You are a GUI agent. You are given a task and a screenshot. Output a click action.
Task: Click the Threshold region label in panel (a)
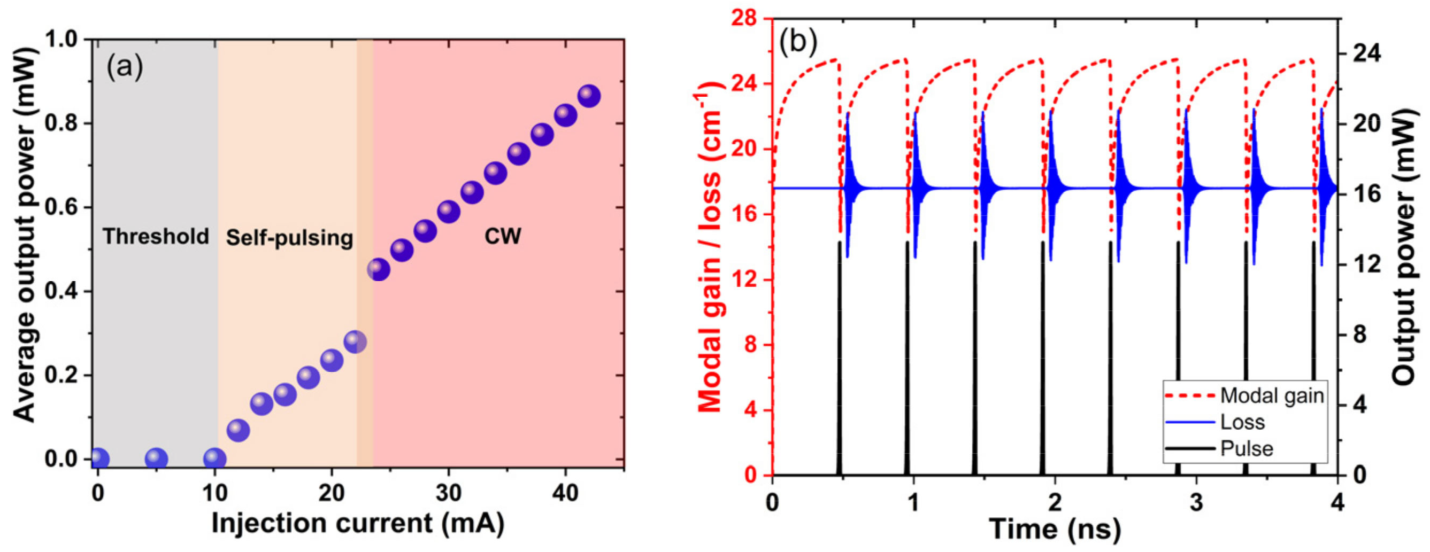pyautogui.click(x=156, y=236)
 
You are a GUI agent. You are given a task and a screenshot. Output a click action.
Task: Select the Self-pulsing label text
pyautogui.click(x=289, y=237)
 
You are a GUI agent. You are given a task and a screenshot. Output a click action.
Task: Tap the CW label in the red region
pyautogui.click(x=502, y=236)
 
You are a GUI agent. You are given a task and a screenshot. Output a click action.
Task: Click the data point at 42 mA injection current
pyautogui.click(x=589, y=96)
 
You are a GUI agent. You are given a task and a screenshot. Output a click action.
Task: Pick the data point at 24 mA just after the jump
pyautogui.click(x=379, y=270)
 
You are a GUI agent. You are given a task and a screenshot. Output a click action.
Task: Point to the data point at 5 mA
pyautogui.click(x=156, y=459)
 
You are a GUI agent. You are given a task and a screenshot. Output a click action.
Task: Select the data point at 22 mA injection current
pyautogui.click(x=355, y=341)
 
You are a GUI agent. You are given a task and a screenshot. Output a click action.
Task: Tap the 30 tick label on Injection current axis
pyautogui.click(x=449, y=492)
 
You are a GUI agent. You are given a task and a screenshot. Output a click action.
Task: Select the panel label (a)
pyautogui.click(x=125, y=67)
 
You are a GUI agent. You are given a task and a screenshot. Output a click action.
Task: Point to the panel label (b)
pyautogui.click(x=798, y=42)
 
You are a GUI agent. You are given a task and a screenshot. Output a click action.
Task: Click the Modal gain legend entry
pyautogui.click(x=1271, y=395)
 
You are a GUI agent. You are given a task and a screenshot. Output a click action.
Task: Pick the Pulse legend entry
pyautogui.click(x=1246, y=448)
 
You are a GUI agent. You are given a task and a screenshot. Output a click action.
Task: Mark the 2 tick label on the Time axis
pyautogui.click(x=1054, y=503)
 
